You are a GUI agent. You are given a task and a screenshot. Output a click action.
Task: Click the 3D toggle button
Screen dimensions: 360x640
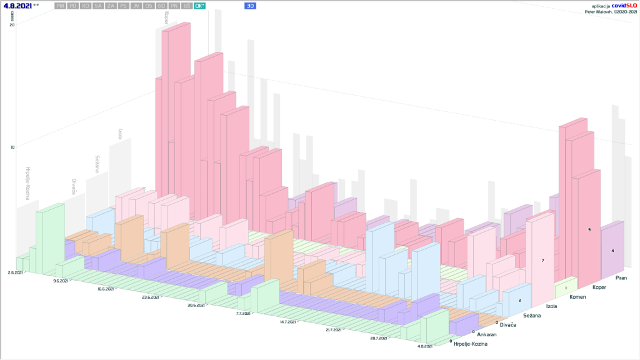coord(250,6)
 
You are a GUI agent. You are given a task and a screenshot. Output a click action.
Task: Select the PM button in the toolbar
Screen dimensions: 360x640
coord(61,6)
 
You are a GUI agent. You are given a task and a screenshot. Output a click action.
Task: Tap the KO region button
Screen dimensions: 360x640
coord(86,6)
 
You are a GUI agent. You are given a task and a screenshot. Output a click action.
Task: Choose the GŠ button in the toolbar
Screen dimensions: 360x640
coord(186,6)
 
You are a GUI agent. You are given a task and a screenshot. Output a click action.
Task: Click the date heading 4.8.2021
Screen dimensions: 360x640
coord(17,6)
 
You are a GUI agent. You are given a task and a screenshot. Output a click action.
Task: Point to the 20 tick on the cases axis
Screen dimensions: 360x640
coord(12,24)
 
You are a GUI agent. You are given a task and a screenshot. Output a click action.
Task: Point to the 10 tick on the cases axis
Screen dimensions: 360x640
coord(12,147)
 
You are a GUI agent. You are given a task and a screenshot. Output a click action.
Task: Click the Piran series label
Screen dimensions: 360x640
coord(621,277)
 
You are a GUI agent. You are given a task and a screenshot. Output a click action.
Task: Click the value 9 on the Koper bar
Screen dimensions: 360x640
coord(589,231)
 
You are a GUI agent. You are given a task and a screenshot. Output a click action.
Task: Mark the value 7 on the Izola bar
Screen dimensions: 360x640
coord(542,260)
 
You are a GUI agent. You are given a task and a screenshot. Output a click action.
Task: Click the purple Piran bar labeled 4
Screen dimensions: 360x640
coord(612,250)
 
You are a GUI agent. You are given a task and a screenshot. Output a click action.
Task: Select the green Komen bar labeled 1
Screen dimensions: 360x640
coord(566,289)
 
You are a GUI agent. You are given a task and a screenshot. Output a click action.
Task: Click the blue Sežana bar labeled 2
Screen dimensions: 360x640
coord(519,299)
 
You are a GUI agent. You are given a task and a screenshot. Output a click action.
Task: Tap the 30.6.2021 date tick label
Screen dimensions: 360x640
coord(196,305)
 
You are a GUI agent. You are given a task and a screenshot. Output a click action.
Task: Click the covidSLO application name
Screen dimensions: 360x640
coord(622,5)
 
